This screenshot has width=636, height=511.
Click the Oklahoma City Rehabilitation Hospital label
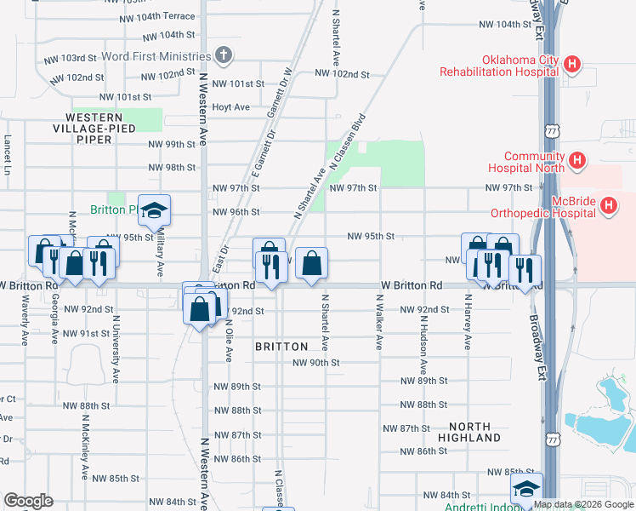point(497,66)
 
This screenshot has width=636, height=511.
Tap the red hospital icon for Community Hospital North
point(577,159)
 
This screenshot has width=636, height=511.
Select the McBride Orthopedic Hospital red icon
point(609,205)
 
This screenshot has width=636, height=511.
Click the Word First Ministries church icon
point(224,56)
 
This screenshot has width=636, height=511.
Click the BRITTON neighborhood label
point(281,347)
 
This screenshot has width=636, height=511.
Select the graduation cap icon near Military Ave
point(155,210)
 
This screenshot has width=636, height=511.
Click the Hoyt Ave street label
point(230,106)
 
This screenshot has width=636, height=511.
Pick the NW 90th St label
point(315,362)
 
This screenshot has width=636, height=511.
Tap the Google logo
point(28,501)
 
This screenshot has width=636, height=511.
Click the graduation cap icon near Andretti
point(526,489)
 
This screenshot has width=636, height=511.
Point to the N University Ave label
point(115,352)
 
